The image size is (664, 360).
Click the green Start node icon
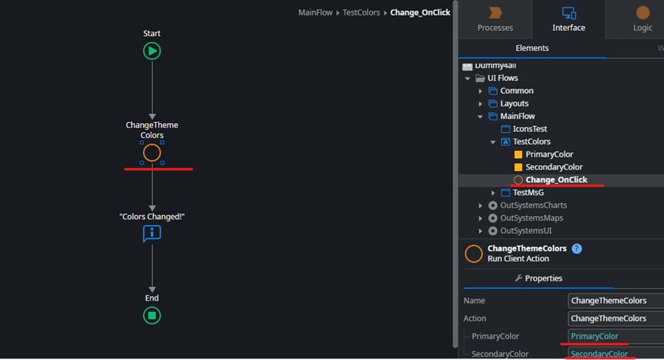tap(152, 51)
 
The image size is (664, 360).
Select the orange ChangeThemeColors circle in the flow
tap(152, 153)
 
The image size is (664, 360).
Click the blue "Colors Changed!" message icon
tap(152, 234)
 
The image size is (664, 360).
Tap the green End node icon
tap(152, 316)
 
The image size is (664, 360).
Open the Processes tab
tap(495, 19)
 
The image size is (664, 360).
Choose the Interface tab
tap(569, 19)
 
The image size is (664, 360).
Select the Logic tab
tap(642, 19)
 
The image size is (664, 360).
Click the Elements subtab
tap(532, 48)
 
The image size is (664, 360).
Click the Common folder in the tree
tap(516, 91)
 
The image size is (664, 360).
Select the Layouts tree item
tap(514, 103)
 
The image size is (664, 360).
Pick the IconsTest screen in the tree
tap(529, 129)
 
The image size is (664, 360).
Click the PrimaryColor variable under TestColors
tap(549, 154)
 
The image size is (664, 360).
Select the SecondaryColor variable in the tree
tap(553, 167)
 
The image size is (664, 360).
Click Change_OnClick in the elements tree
tap(555, 180)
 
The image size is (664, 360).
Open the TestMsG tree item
tap(528, 193)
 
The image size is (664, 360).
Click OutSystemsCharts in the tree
tap(533, 205)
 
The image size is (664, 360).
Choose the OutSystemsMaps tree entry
tap(531, 218)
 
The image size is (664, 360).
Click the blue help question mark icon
tap(576, 249)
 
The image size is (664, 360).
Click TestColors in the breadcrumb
tap(361, 13)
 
